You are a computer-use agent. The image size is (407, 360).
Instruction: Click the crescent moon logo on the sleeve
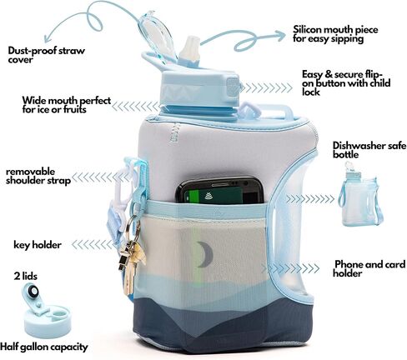point(206,254)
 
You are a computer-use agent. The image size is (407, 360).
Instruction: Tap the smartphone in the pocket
point(219,191)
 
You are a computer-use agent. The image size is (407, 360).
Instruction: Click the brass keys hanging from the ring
point(131,264)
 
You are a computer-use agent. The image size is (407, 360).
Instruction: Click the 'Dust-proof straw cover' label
point(46,55)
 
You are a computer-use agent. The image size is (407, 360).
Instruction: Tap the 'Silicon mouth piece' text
point(335,29)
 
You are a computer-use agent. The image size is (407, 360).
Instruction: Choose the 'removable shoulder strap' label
point(38,176)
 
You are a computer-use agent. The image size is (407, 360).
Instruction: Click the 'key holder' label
point(38,245)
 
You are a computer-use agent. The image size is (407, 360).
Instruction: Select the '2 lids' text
point(26,276)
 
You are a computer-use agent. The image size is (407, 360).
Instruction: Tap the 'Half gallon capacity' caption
point(44,347)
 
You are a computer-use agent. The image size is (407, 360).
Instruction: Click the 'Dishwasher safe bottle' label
point(369,150)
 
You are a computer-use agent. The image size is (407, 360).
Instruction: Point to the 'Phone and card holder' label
point(369,268)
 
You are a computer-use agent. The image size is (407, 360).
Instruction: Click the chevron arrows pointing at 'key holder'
point(93,245)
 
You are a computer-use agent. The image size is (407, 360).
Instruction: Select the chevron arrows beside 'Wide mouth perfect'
point(136,107)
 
